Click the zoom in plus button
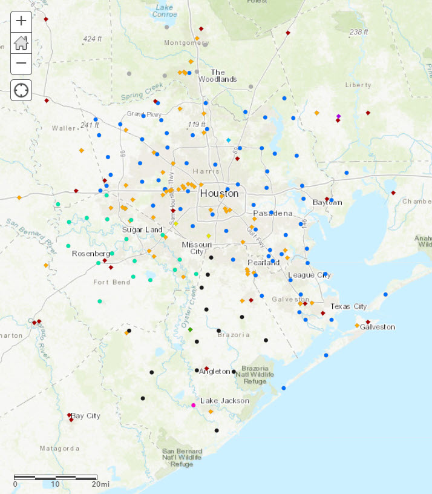point(21,21)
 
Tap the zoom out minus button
point(21,63)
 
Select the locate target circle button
point(21,91)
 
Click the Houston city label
point(219,193)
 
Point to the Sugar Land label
point(142,230)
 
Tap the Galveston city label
point(378,327)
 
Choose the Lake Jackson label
point(224,401)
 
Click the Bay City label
point(86,416)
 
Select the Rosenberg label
point(90,253)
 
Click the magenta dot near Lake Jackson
point(194,405)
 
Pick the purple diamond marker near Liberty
point(338,116)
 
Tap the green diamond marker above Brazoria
point(190,329)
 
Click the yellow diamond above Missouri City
point(208,235)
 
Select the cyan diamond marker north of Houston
point(229,140)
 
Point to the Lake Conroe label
point(165,10)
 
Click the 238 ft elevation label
point(359,32)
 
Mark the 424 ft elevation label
point(93,39)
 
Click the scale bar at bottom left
point(56,478)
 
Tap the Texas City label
point(349,306)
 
